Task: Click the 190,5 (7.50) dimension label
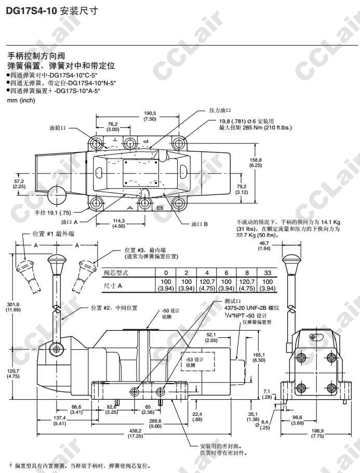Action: click(x=150, y=116)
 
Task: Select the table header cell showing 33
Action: click(x=268, y=273)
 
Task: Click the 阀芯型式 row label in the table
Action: click(x=115, y=273)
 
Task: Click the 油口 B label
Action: click(x=199, y=225)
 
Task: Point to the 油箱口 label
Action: click(x=57, y=127)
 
